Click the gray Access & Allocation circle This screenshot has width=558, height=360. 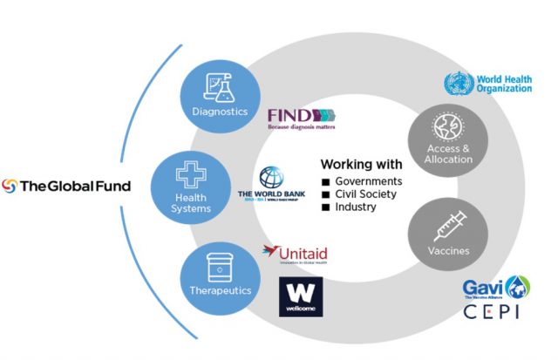coord(440,139)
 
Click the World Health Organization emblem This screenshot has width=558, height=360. coord(454,85)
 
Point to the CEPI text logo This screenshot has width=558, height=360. coord(490,311)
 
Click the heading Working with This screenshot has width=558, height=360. coord(361,164)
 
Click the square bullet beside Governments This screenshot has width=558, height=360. coord(327,180)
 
